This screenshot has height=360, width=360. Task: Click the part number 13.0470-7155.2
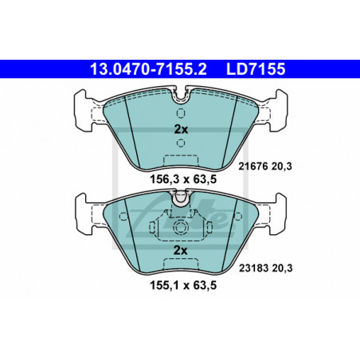click(148, 69)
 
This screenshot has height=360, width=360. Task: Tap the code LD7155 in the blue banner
click(256, 69)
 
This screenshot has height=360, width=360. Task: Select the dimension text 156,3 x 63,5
click(183, 179)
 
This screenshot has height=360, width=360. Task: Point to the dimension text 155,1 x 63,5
click(183, 285)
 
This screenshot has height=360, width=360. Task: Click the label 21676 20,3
click(265, 166)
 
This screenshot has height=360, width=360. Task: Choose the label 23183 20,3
click(265, 268)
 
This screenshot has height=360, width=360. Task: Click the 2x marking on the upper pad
click(181, 130)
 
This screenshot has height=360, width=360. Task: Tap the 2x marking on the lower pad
click(180, 250)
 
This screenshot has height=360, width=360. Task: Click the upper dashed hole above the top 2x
click(181, 113)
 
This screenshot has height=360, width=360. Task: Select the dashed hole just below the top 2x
click(181, 143)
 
